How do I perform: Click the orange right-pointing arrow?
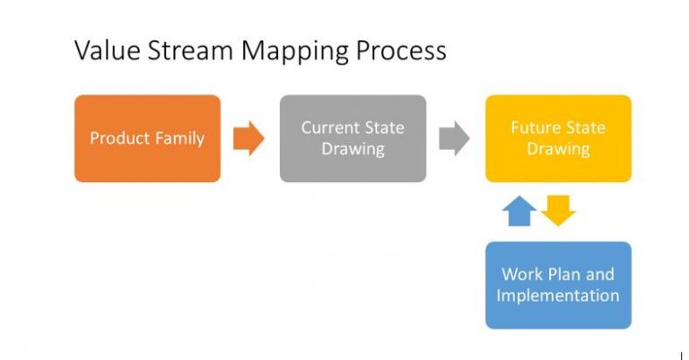click(249, 138)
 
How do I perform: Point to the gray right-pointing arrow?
click(454, 138)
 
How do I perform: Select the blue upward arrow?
click(520, 211)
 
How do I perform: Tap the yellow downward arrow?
click(558, 211)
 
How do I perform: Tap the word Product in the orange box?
click(118, 138)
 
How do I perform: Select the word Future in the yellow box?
click(535, 127)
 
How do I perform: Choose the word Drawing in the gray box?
click(353, 149)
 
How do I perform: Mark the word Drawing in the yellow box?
click(558, 149)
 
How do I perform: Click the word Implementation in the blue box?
click(558, 295)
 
